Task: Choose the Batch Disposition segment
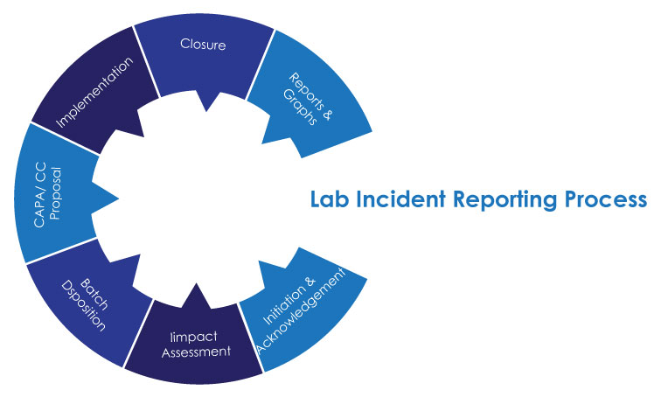click(x=83, y=302)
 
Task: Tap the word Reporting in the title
click(x=496, y=200)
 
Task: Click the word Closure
click(x=203, y=43)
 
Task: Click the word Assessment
click(x=200, y=352)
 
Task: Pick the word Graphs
click(x=303, y=108)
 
